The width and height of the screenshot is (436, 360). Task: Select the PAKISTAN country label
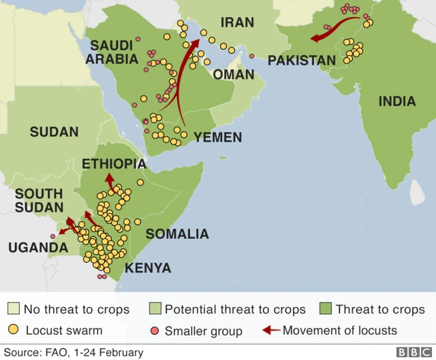302,61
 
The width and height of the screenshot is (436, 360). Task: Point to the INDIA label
396,101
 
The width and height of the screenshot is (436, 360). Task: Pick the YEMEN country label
217,137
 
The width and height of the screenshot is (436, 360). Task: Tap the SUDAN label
54,132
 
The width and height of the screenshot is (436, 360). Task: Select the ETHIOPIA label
114,164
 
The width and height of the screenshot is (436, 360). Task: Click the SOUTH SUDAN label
39,201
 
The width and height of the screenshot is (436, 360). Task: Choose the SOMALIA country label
177,234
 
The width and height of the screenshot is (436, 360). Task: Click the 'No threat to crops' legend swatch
14,309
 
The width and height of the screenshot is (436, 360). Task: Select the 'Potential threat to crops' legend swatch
155,309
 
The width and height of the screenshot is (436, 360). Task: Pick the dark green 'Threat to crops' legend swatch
326,309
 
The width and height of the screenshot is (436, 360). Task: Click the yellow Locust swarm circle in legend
14,331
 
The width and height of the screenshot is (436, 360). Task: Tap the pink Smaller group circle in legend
155,331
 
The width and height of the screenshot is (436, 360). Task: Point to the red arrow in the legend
271,331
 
